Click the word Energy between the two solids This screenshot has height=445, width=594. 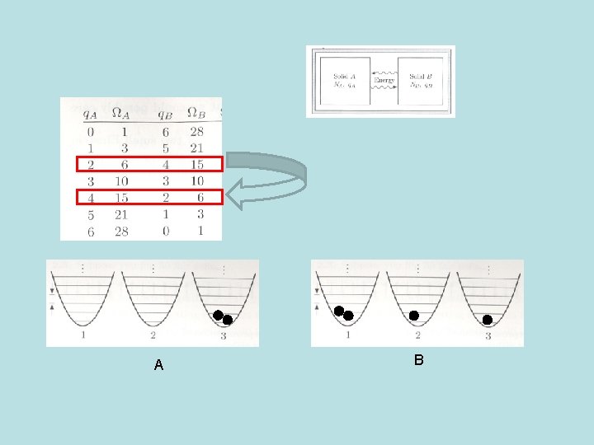[x=384, y=80]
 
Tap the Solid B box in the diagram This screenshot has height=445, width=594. [x=422, y=80]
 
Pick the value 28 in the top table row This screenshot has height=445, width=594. [x=196, y=132]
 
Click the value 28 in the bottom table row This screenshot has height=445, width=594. [x=121, y=232]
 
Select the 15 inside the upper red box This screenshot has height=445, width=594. [x=196, y=165]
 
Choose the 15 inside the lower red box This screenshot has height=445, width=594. [x=121, y=198]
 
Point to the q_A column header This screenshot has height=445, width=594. [x=91, y=113]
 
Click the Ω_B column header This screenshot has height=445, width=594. [x=196, y=113]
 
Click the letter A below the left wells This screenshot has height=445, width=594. [x=158, y=365]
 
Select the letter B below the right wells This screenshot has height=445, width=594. [x=419, y=360]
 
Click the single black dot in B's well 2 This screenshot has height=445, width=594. [x=414, y=316]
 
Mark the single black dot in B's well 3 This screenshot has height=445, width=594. [x=488, y=320]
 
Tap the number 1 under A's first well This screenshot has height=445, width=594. [x=84, y=335]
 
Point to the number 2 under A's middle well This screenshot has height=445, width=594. [x=153, y=335]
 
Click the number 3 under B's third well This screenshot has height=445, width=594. [x=488, y=336]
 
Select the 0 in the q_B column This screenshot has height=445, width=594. [x=164, y=232]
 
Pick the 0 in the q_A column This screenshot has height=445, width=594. [x=90, y=132]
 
